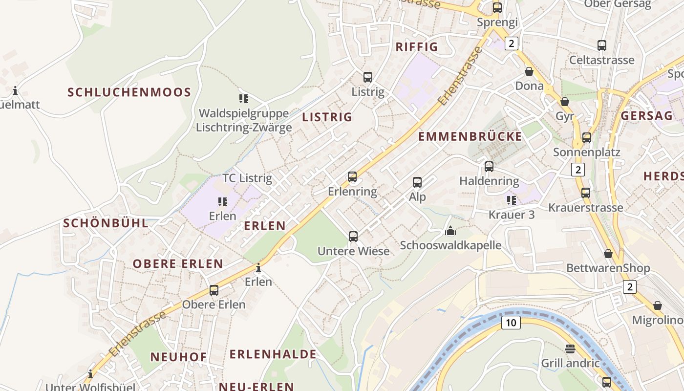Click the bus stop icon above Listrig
click(x=367, y=77)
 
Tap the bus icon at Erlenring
click(x=352, y=177)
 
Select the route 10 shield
click(x=511, y=323)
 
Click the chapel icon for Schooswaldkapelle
click(x=450, y=231)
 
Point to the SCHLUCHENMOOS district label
click(x=129, y=92)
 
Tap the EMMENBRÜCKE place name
click(x=470, y=136)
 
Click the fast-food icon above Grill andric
click(x=570, y=348)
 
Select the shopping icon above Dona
click(x=529, y=72)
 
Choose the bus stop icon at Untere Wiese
click(x=353, y=237)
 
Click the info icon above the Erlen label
click(x=258, y=267)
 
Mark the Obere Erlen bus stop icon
click(x=214, y=290)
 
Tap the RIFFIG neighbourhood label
click(x=417, y=47)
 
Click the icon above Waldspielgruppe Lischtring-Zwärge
click(x=244, y=99)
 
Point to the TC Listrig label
click(x=247, y=178)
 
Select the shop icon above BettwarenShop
click(x=608, y=254)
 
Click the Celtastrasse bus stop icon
click(x=602, y=45)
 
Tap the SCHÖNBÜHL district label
click(x=106, y=223)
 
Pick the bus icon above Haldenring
click(x=489, y=167)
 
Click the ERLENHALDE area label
click(x=273, y=354)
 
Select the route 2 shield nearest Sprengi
click(x=512, y=43)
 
